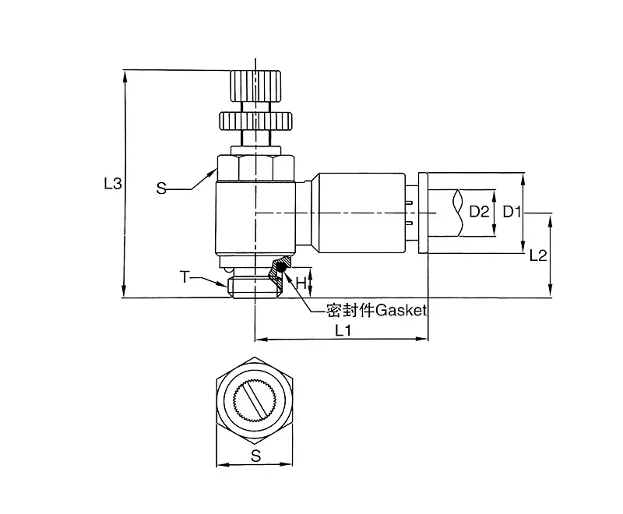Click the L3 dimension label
113,184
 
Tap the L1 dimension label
343,330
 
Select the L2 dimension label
538,255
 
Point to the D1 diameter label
512,212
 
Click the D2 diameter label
479,212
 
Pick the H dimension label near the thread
301,283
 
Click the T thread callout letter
185,277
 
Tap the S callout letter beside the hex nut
161,188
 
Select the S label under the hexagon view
256,456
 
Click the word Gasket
401,310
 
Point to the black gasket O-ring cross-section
282,268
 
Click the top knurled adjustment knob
255,86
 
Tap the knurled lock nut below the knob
255,121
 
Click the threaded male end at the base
255,287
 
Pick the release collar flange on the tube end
423,213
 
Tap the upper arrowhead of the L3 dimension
125,76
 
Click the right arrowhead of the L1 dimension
422,339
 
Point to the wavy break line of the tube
459,213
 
